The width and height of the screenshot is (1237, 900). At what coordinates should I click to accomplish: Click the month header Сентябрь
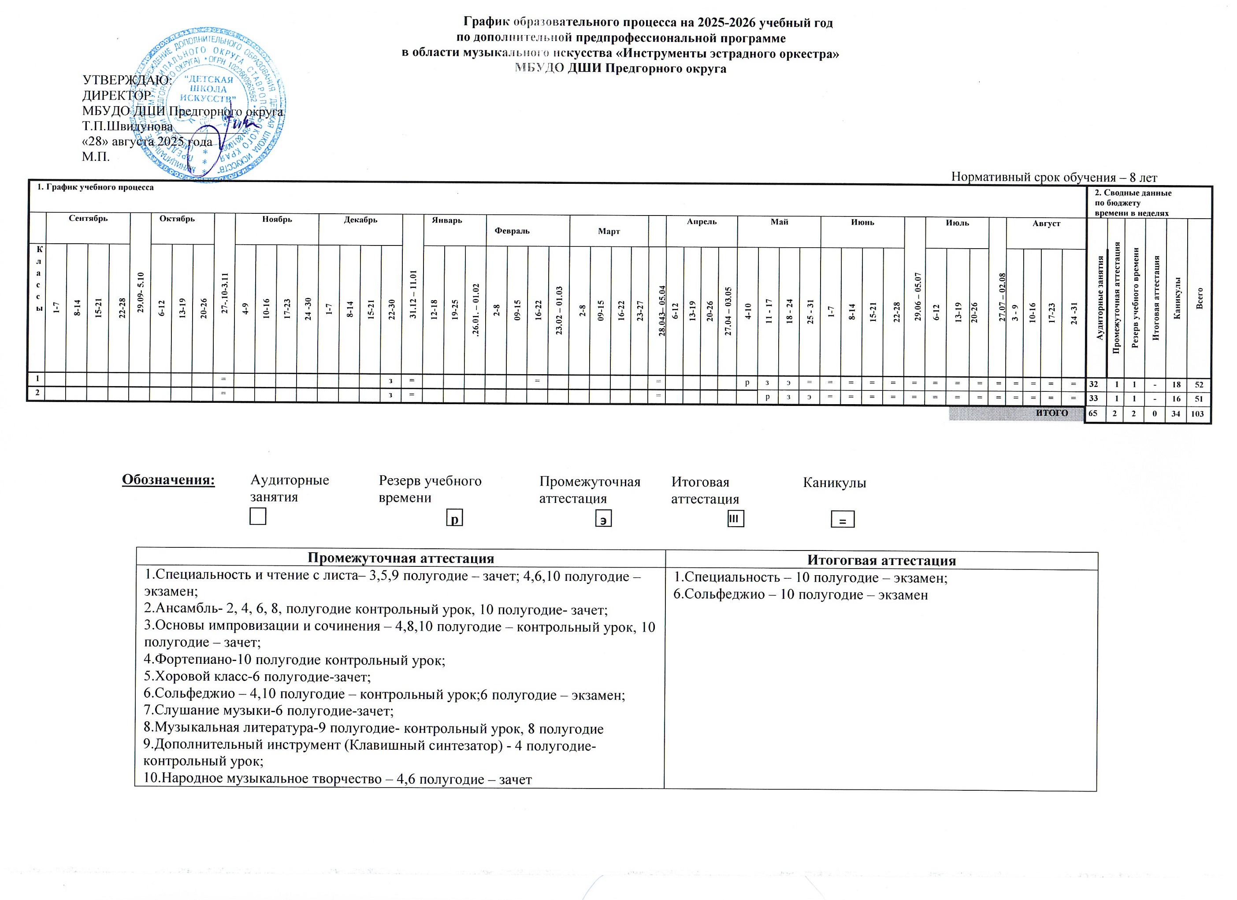tap(88, 219)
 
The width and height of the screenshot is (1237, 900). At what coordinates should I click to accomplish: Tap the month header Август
tap(1046, 223)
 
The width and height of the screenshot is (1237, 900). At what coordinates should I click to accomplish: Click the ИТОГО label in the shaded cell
tap(1051, 413)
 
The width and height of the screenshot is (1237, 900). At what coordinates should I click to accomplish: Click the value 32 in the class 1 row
tap(1093, 384)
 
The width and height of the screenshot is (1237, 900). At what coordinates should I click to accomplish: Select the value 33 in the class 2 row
tap(1093, 399)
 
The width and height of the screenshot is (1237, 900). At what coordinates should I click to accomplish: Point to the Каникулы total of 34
tap(1175, 414)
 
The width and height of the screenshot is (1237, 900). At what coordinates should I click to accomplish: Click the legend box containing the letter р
tap(454, 518)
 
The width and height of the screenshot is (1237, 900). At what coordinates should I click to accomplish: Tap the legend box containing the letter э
tap(603, 519)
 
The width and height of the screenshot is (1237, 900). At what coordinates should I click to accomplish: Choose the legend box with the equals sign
tap(843, 519)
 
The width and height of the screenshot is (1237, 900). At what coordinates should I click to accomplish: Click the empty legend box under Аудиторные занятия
tap(257, 516)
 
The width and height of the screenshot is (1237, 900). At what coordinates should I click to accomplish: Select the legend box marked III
tap(735, 518)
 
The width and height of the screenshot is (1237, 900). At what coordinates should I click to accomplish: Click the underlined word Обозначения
tap(168, 480)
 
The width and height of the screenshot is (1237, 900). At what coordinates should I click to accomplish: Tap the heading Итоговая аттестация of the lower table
tap(881, 560)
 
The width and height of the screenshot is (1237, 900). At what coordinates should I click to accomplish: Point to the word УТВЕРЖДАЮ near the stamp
tap(126, 80)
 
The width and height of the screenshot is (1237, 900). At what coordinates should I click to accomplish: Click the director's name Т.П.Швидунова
tap(127, 126)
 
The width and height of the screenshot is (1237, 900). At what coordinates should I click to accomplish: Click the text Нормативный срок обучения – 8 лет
tap(1054, 177)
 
